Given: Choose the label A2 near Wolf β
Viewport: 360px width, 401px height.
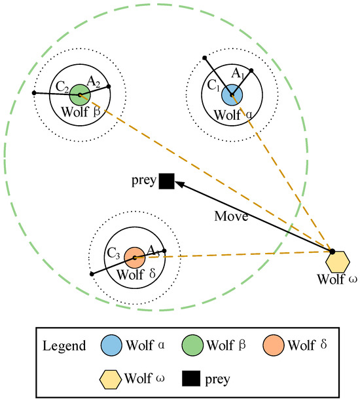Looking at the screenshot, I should click(94, 81).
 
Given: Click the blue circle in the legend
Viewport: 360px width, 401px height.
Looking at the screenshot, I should click(113, 345).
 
